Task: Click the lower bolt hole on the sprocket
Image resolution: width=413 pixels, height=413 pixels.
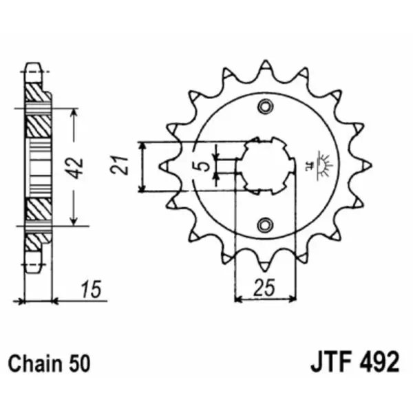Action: point(264,225)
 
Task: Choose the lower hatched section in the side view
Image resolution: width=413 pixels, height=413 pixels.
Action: point(39,210)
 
